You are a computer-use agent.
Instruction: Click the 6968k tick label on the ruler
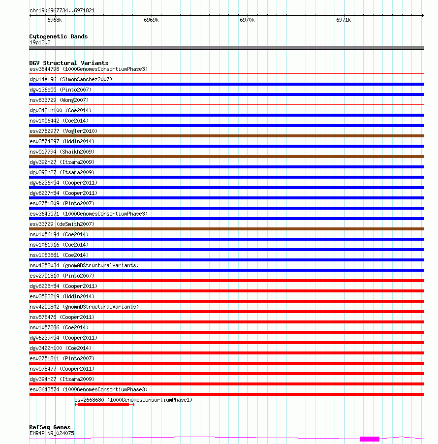point(55,20)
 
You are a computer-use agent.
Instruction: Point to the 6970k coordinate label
point(247,20)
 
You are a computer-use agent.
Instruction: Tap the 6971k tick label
point(344,20)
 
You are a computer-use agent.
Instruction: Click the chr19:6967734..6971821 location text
point(62,10)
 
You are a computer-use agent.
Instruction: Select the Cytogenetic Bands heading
point(59,36)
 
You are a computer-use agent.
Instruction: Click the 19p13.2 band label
point(40,42)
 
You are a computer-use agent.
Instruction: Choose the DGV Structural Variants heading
point(69,63)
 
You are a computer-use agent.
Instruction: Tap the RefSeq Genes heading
point(50,427)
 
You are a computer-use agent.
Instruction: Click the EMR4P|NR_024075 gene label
point(52,433)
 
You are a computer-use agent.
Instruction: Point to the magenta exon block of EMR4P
point(370,439)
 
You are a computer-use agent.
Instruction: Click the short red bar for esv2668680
point(103,405)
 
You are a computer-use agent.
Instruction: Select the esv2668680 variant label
point(133,400)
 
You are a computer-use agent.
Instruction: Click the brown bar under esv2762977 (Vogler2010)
point(226,136)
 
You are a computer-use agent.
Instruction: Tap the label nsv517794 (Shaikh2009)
point(62,152)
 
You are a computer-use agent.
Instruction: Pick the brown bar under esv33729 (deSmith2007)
point(226,229)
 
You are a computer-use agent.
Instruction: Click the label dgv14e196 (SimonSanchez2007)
point(71,79)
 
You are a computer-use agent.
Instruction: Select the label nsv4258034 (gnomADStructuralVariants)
point(84,265)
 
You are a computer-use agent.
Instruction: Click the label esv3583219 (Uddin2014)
point(62,296)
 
